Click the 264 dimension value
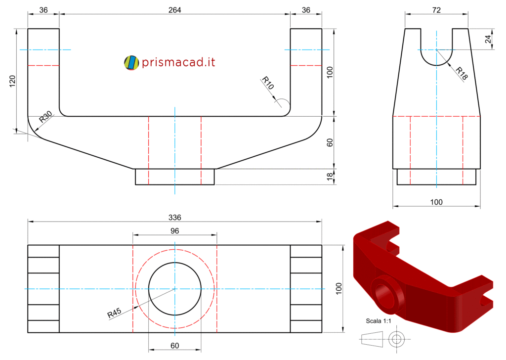click(174, 10)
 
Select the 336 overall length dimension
click(174, 217)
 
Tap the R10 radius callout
click(268, 83)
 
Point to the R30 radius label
click(45, 117)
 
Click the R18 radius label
click(462, 73)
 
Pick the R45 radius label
click(114, 313)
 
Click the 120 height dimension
click(12, 81)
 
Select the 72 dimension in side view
click(436, 10)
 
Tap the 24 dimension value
click(488, 39)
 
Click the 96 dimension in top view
click(174, 231)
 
